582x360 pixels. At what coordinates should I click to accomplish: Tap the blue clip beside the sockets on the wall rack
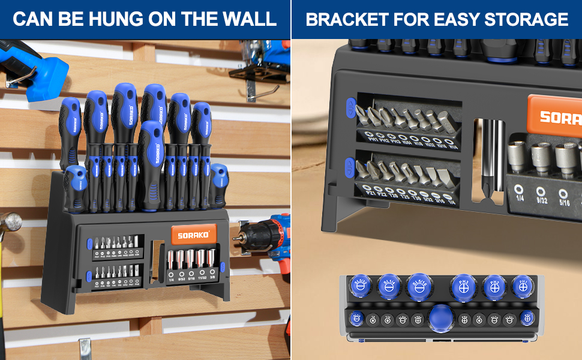point(223,266)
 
